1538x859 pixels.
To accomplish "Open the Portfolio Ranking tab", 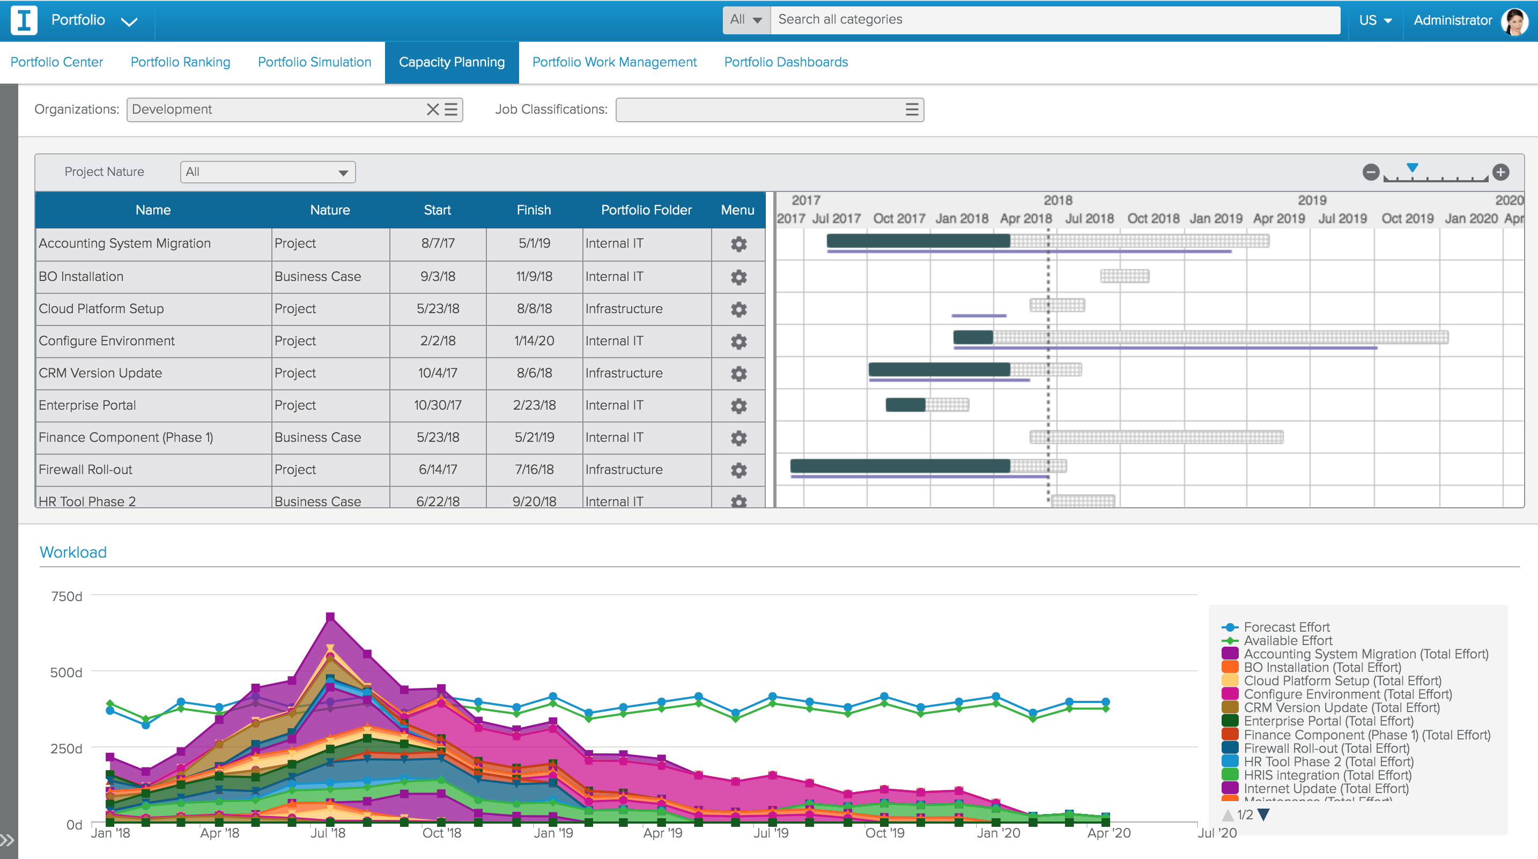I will click(x=180, y=62).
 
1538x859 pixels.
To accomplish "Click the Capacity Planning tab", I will click(x=452, y=62).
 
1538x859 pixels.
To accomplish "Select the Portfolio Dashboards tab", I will click(x=785, y=62).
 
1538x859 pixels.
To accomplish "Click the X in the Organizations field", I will click(x=432, y=109).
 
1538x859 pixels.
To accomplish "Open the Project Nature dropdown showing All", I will click(x=268, y=172).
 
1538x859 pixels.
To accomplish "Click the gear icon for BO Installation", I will click(x=738, y=277).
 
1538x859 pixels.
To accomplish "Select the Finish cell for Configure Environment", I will click(x=534, y=341).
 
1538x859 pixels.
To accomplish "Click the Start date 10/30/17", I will click(x=437, y=405).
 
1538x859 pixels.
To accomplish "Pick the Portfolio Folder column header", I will click(x=646, y=210).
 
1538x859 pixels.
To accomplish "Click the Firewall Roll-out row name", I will click(x=85, y=470).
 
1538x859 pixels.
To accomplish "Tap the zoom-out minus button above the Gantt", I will click(x=1371, y=172).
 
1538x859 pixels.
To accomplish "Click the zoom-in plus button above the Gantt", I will click(x=1500, y=172).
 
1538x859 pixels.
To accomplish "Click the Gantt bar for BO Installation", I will click(x=1124, y=276).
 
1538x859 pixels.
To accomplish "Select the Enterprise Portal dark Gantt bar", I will click(x=905, y=405).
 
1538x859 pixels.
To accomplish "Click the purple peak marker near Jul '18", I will click(x=330, y=617).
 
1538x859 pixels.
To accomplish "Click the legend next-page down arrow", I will click(x=1263, y=814).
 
